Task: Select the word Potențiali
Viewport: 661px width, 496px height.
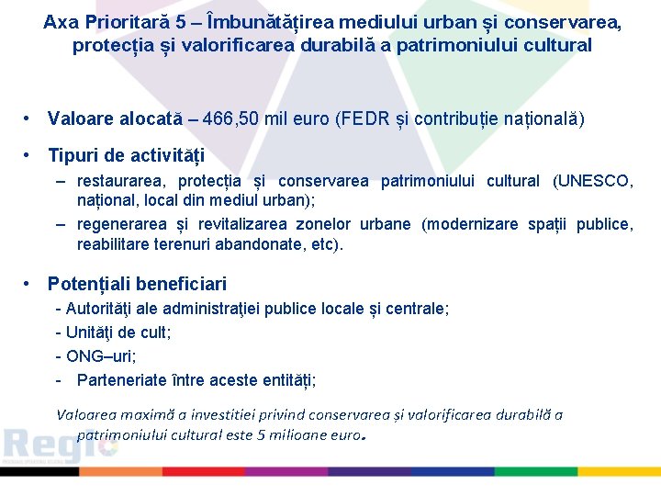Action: pos(87,285)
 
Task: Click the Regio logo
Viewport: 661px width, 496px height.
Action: pos(59,446)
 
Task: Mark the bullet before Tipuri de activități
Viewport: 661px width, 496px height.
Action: pos(29,155)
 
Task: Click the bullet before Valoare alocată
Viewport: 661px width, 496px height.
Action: pos(29,118)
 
